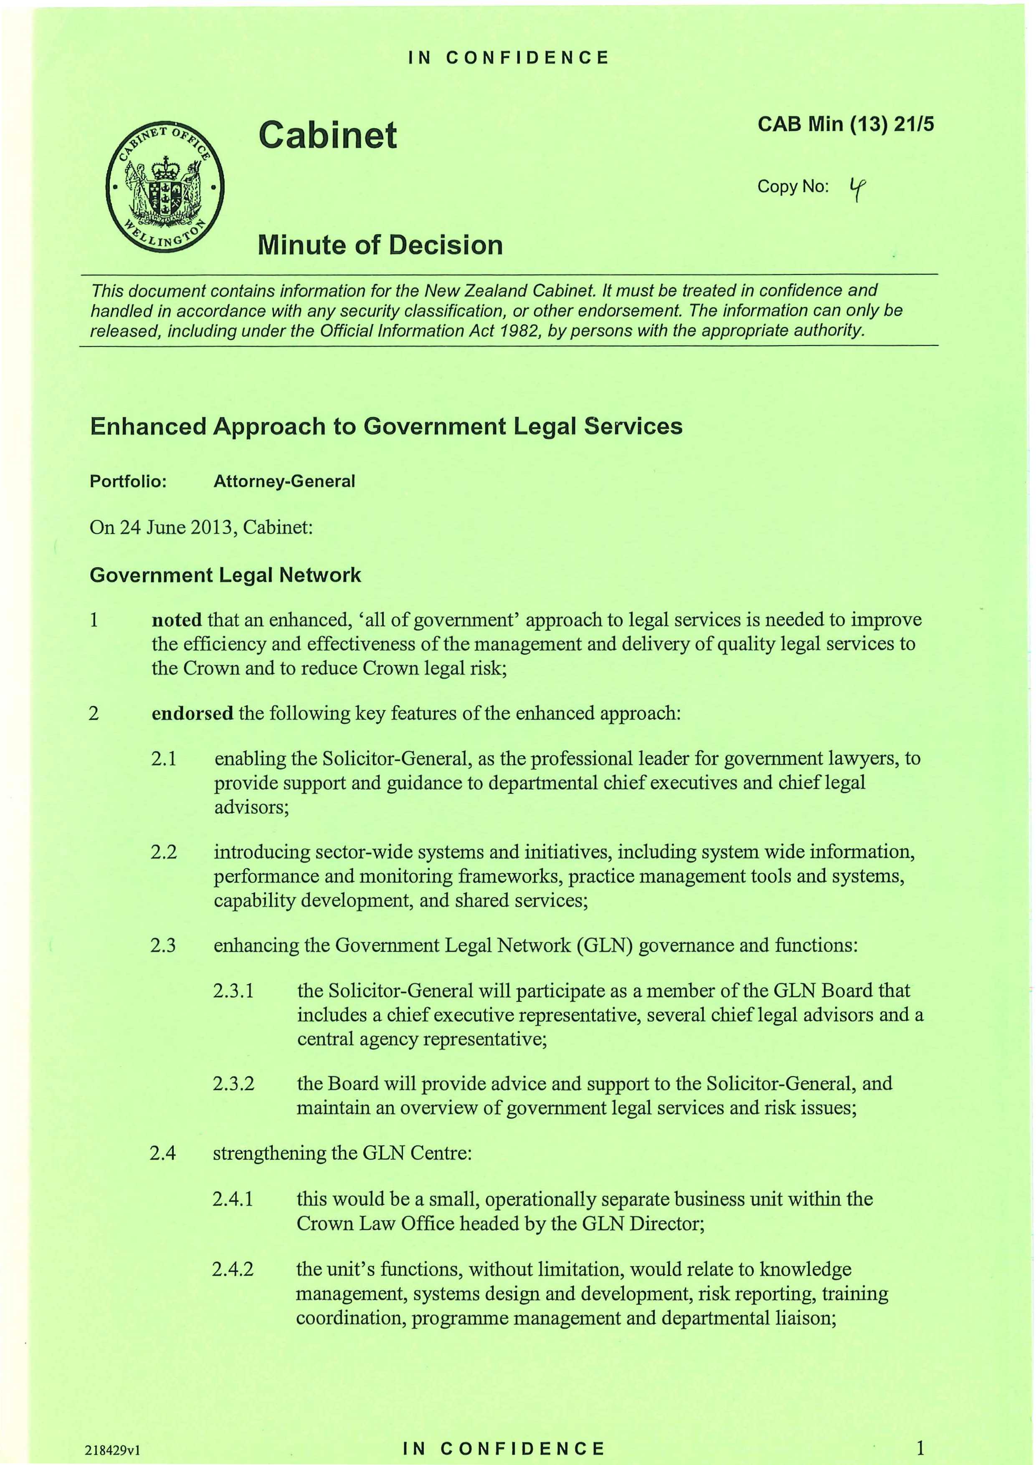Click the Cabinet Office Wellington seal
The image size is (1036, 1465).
coord(165,188)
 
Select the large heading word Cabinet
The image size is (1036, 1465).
coord(327,135)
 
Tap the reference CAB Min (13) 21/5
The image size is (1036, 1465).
coord(845,124)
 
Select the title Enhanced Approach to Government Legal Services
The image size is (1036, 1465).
coord(386,426)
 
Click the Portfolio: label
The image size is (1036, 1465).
coord(128,481)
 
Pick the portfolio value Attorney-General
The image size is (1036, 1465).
coord(284,481)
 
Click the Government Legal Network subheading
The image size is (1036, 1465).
coord(225,575)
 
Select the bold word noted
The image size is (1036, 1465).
coord(177,620)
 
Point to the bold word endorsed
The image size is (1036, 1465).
coord(192,713)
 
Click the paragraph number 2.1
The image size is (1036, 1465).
coord(163,759)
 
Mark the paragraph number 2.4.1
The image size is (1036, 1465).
coord(233,1199)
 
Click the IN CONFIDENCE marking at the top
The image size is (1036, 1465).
coord(509,58)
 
